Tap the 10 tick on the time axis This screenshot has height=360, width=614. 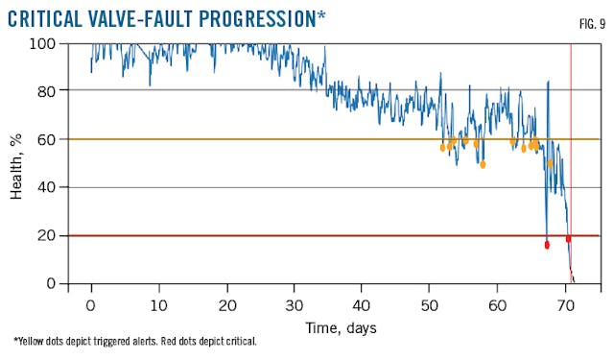click(159, 305)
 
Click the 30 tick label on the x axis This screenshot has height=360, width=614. click(295, 305)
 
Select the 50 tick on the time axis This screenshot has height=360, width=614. click(431, 305)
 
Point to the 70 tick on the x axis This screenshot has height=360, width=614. click(566, 305)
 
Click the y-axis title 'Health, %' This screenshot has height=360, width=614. click(17, 163)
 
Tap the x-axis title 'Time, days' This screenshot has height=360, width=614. click(340, 328)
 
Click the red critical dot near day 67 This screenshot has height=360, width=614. click(547, 245)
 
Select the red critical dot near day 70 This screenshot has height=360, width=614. click(568, 239)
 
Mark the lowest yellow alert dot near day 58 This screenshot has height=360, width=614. click(483, 164)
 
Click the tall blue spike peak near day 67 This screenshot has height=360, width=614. click(548, 83)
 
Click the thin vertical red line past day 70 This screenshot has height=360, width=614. click(571, 115)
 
